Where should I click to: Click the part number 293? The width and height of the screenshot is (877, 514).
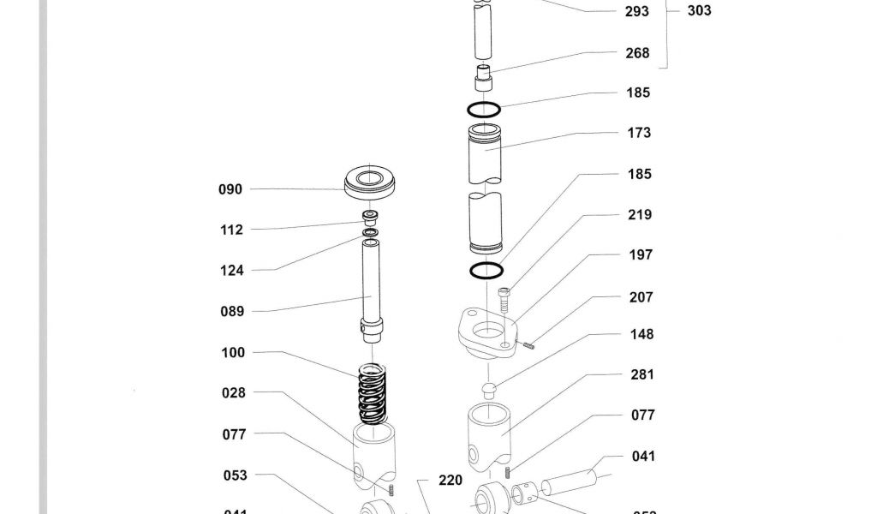(x=637, y=12)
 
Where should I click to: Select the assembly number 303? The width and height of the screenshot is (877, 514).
(x=699, y=11)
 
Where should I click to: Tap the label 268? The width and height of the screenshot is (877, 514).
(x=637, y=53)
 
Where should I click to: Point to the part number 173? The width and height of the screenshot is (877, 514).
(x=639, y=133)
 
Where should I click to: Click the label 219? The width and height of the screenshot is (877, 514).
(x=640, y=215)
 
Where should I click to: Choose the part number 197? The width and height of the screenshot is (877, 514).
(x=640, y=255)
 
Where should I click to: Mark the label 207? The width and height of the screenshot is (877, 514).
(x=641, y=298)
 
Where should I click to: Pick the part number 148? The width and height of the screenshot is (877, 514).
(x=641, y=335)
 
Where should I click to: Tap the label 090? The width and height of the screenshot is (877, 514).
(x=230, y=189)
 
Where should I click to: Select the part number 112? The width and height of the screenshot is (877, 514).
(x=231, y=230)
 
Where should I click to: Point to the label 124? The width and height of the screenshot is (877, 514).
(x=231, y=271)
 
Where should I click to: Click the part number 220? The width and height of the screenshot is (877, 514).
(x=450, y=481)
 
